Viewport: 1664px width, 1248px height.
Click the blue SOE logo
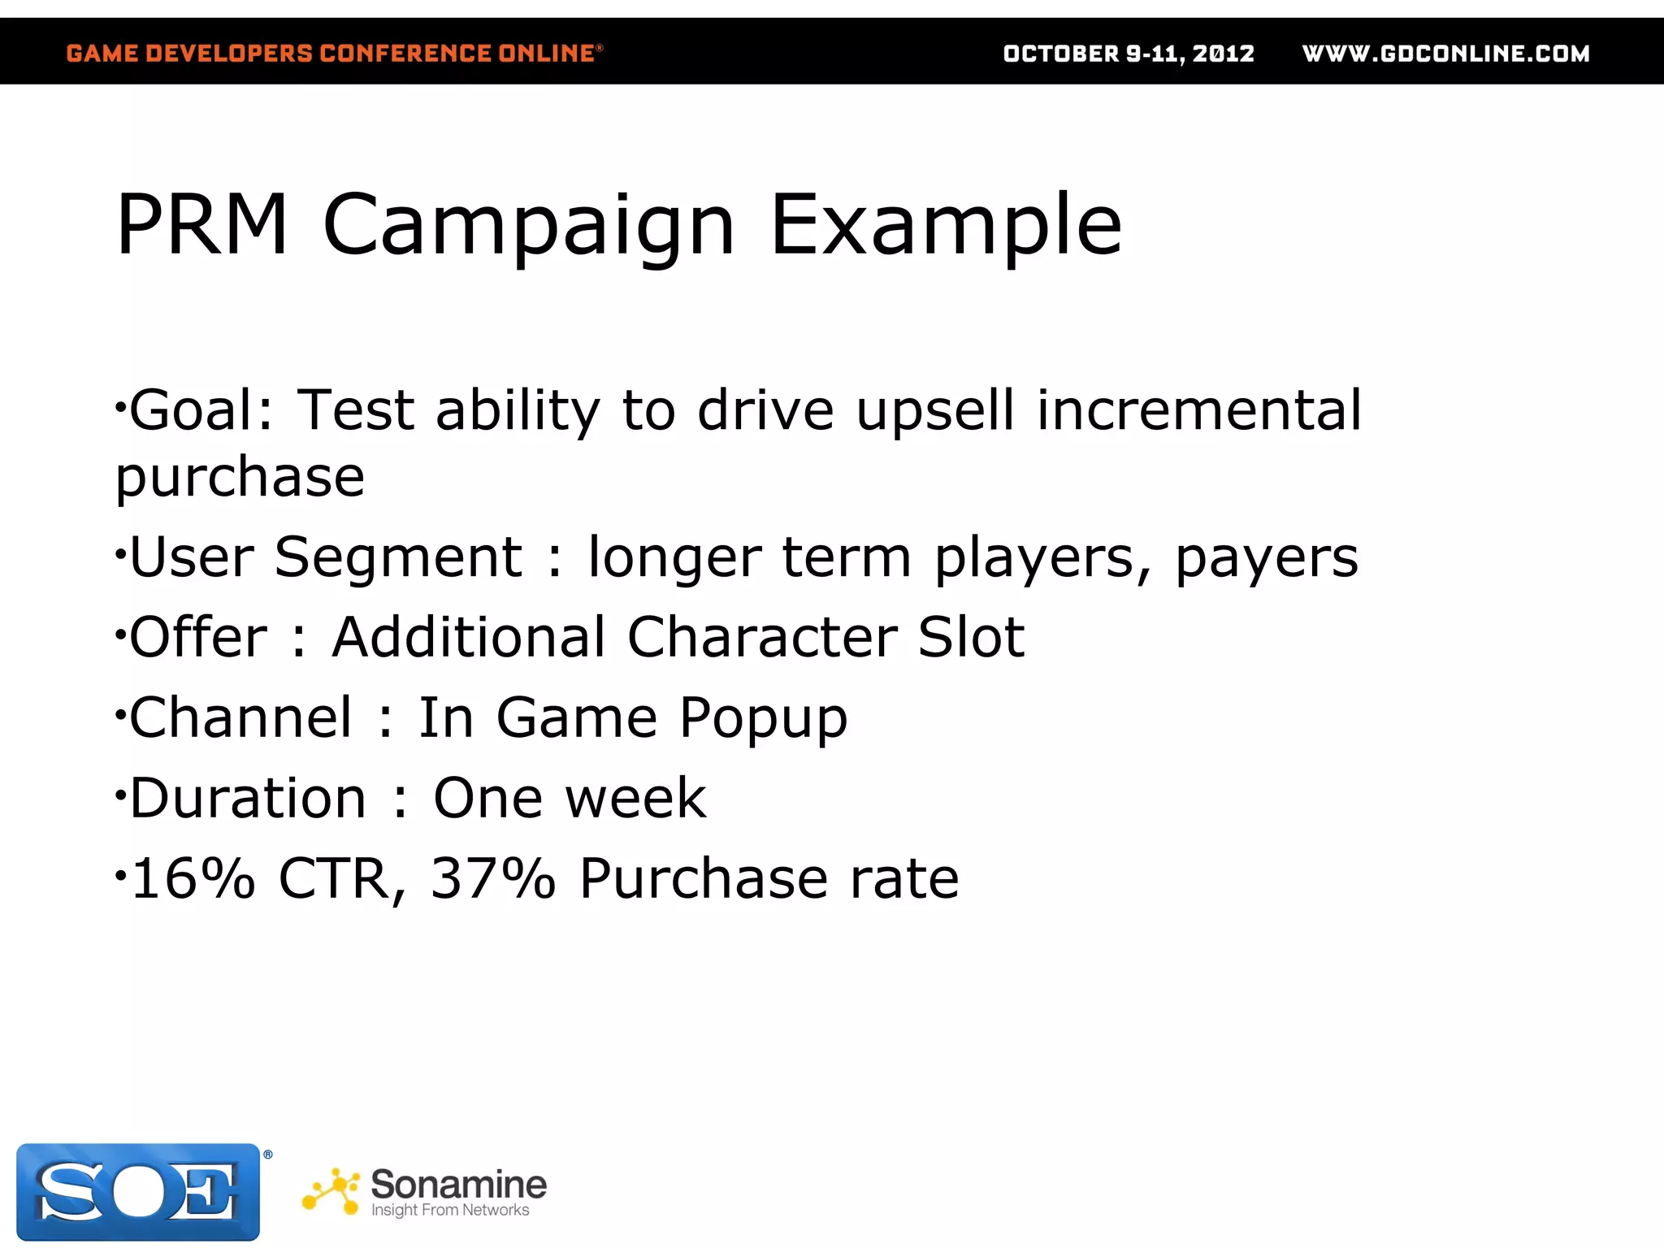tap(138, 1191)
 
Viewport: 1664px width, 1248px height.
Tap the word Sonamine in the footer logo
tap(458, 1185)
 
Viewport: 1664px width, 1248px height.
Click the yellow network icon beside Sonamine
tap(331, 1192)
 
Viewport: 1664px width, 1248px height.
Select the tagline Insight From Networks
tap(449, 1211)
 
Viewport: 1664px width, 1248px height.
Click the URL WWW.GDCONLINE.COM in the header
tap(1445, 54)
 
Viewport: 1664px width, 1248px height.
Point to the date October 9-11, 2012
tap(1129, 54)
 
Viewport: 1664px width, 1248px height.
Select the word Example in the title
tap(946, 226)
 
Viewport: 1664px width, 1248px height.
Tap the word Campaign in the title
tap(529, 226)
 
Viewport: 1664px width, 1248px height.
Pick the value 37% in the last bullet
tap(493, 878)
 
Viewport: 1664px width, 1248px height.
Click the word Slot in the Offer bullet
tap(971, 637)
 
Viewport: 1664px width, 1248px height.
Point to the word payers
tap(1267, 560)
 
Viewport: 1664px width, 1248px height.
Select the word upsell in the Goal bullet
tap(935, 412)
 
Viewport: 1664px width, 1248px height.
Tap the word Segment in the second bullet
tap(398, 560)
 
